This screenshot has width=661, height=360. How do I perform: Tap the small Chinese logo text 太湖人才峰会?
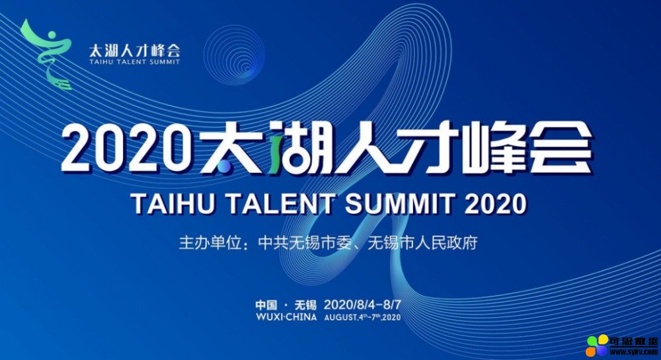pos(134,50)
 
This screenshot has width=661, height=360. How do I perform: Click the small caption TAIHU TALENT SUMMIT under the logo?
pos(134,62)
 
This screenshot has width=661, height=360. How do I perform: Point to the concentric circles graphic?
pos(234,55)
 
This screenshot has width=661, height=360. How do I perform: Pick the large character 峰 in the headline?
pos(493,147)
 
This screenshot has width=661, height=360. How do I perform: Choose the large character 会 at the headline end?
pos(561,147)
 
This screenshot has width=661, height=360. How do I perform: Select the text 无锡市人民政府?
pos(422,243)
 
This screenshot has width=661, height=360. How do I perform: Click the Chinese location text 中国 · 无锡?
pos(286,305)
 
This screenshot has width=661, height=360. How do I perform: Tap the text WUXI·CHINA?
pos(286,317)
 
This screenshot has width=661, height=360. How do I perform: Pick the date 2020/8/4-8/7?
pos(362,305)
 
